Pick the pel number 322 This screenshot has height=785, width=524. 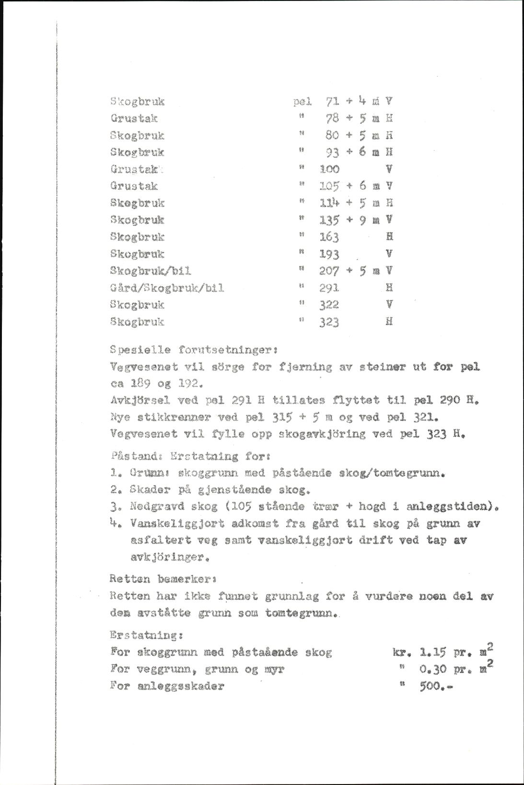click(330, 304)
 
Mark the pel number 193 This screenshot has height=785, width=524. click(330, 253)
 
